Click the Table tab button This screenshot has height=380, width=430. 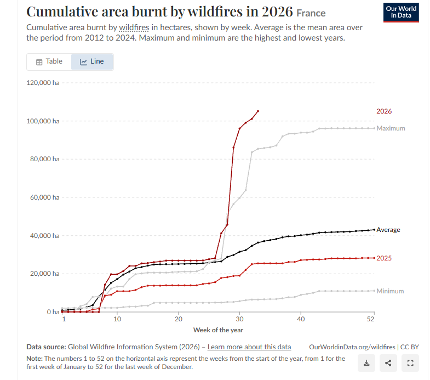49,61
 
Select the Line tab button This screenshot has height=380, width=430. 92,61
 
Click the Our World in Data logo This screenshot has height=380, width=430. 401,13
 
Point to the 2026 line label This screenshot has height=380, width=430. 384,111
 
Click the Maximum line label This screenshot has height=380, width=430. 391,128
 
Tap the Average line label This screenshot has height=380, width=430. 388,230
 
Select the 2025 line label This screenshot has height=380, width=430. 384,258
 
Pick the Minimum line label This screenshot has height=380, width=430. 390,291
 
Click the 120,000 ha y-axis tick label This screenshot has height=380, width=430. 43,83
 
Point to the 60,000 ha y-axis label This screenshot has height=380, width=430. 45,197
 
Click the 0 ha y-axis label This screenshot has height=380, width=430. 53,312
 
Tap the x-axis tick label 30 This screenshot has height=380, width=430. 239,319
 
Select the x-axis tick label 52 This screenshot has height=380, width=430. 370,319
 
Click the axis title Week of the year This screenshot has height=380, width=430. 218,330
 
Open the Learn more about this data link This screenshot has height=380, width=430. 249,347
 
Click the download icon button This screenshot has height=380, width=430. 366,363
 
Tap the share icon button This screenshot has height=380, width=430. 388,363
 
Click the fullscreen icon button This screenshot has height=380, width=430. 410,363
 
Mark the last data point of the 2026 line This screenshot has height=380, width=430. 258,111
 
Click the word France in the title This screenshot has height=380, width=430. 311,13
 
